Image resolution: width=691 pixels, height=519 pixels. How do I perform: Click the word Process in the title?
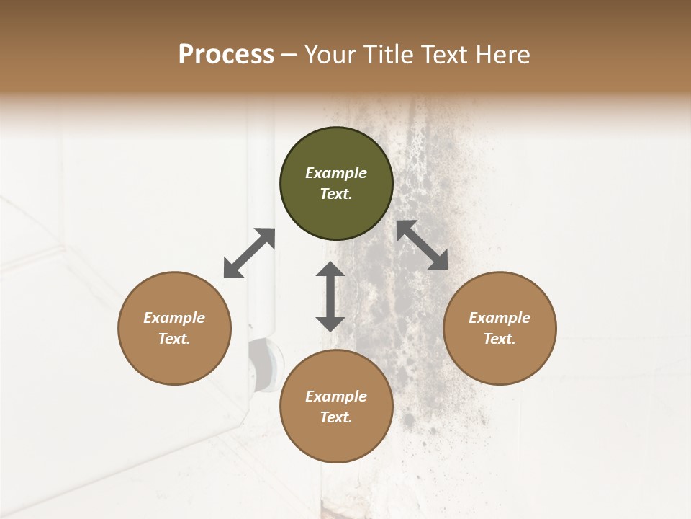pos(226,55)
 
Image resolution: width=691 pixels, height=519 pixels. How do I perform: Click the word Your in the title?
pos(330,55)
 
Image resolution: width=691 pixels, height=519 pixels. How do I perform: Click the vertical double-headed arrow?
pos(330,296)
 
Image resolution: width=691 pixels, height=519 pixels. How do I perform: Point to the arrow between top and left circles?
pos(249,253)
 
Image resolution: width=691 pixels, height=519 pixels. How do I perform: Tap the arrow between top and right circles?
pos(423,245)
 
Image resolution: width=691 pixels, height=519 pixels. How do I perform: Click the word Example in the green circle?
pos(336,173)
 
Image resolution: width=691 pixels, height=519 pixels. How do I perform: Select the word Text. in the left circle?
pos(174,339)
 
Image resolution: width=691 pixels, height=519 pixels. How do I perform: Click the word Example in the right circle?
pos(500,318)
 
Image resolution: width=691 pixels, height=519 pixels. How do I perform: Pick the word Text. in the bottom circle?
pos(336,417)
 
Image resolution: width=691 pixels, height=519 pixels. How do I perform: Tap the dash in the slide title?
pos(289,55)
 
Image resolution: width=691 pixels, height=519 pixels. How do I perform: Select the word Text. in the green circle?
pos(336,194)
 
